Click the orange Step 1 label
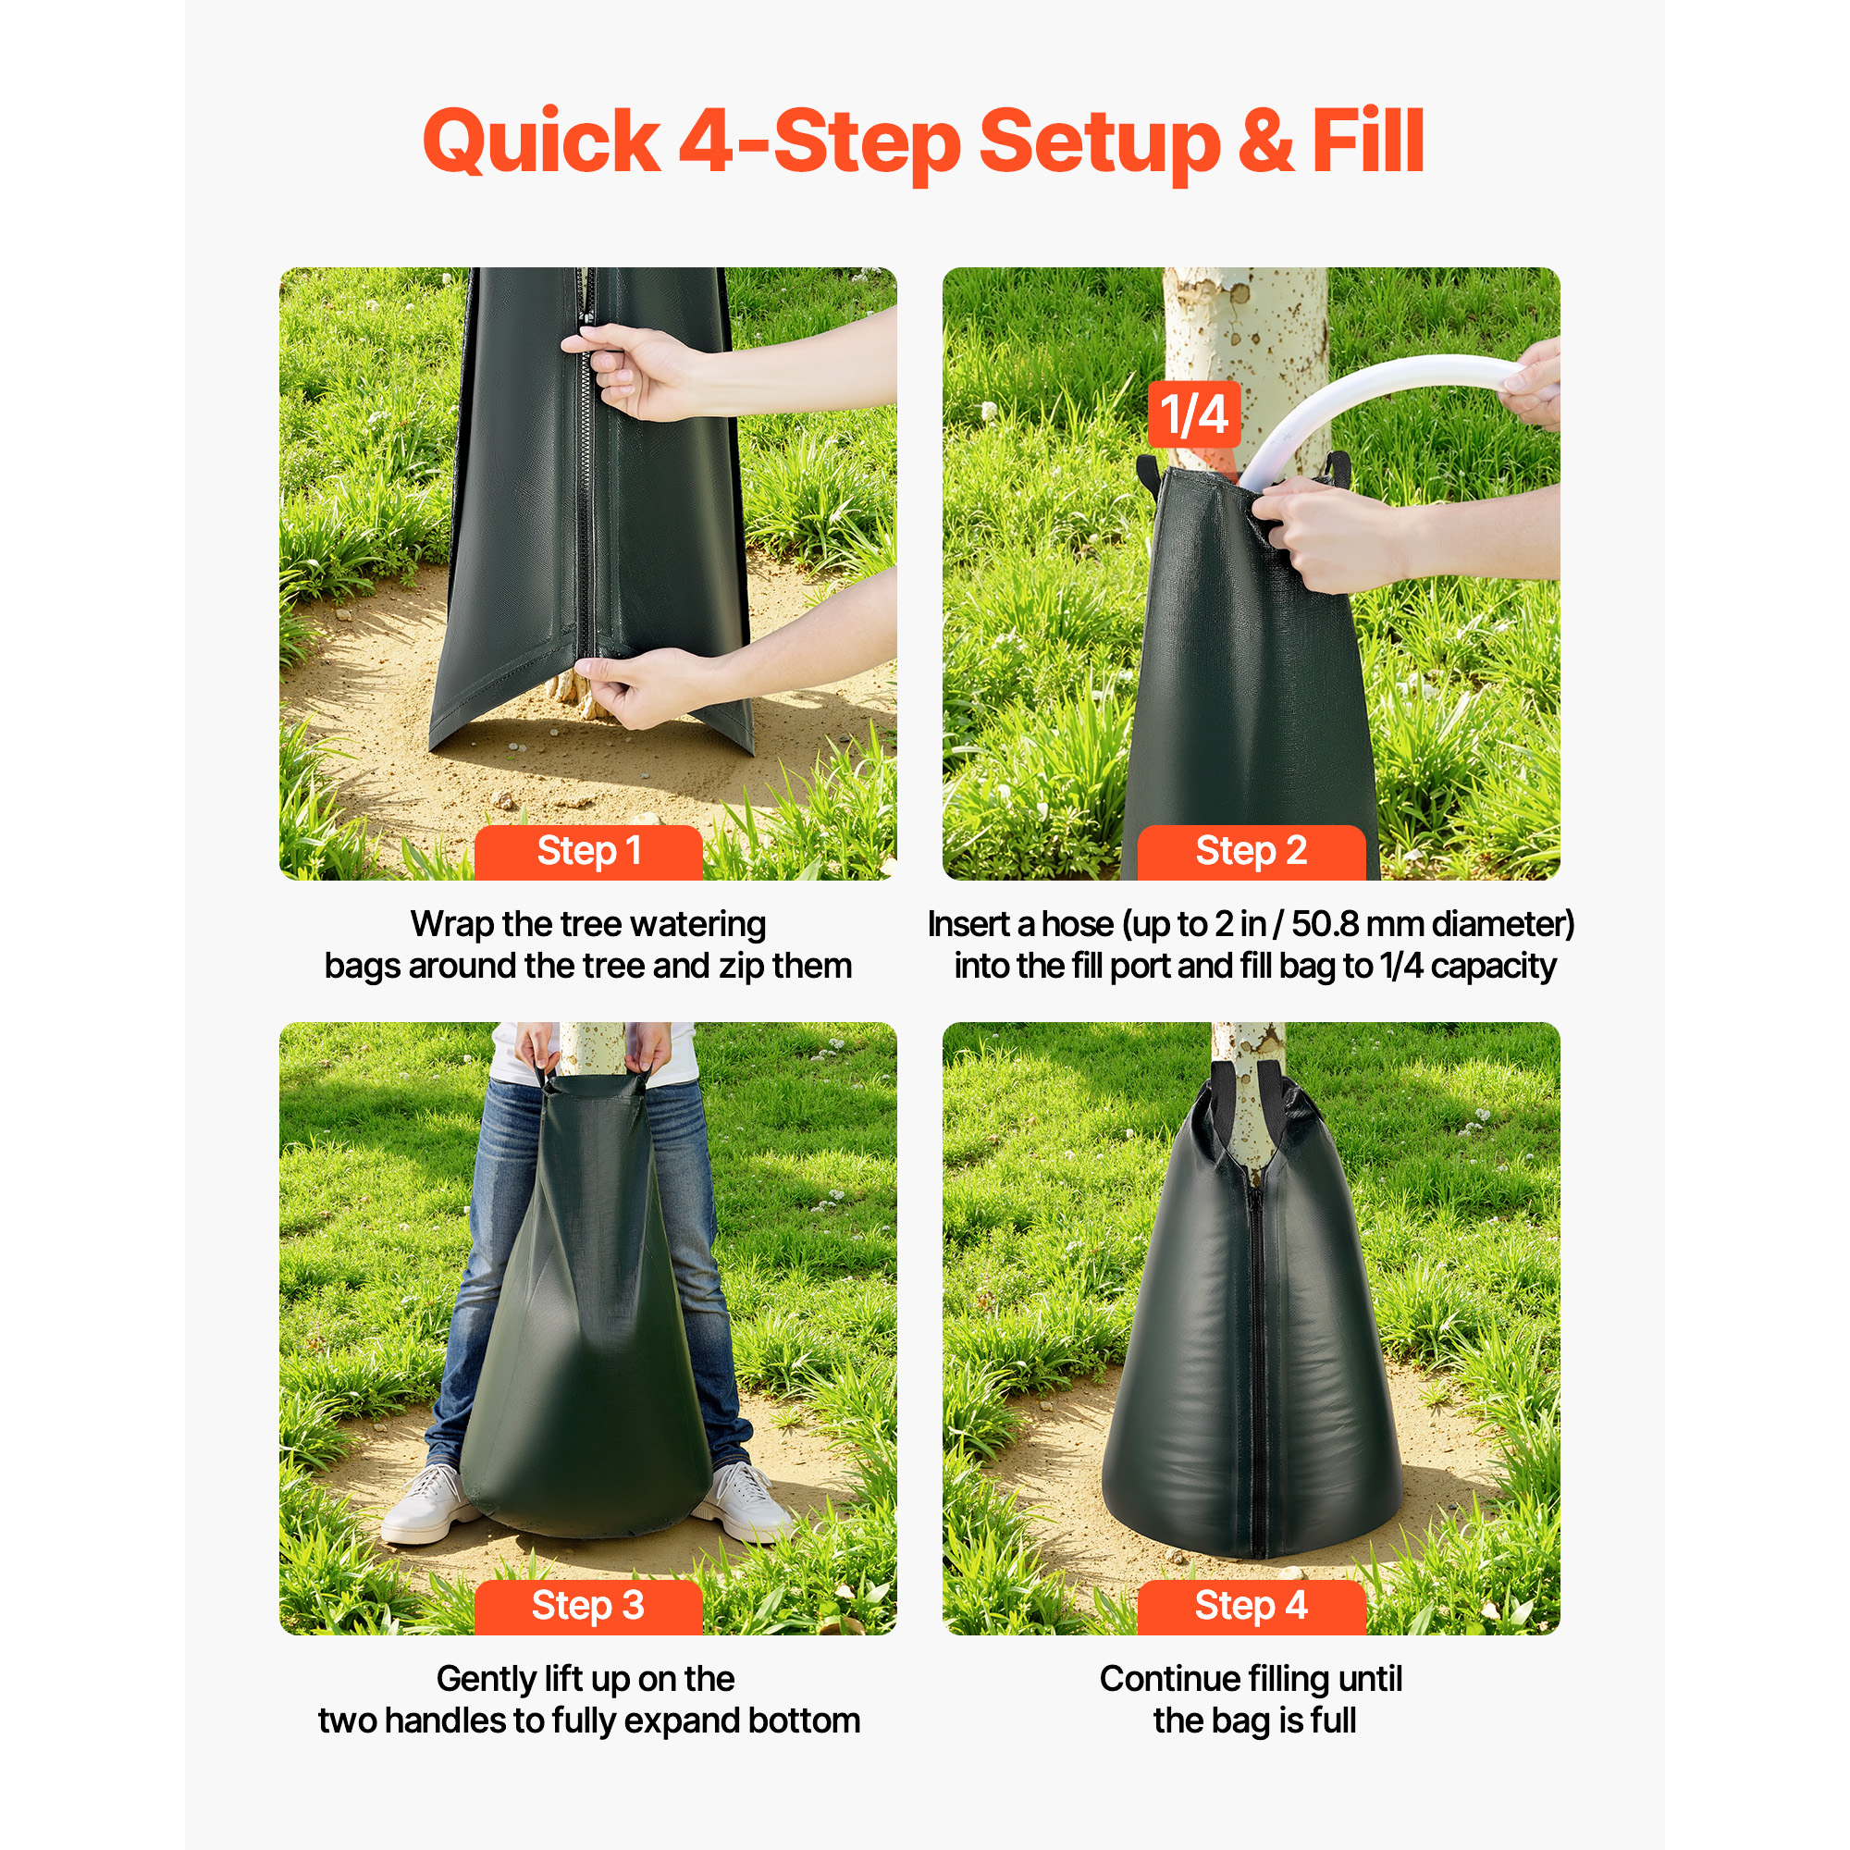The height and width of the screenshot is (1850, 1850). (x=588, y=851)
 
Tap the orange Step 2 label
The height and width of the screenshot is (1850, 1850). (x=1251, y=851)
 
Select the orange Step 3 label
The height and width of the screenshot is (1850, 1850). (x=588, y=1606)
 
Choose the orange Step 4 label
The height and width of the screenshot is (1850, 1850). (x=1251, y=1606)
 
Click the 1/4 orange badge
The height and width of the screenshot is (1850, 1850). (x=1194, y=414)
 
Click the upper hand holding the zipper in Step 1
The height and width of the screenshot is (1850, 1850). (x=636, y=369)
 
